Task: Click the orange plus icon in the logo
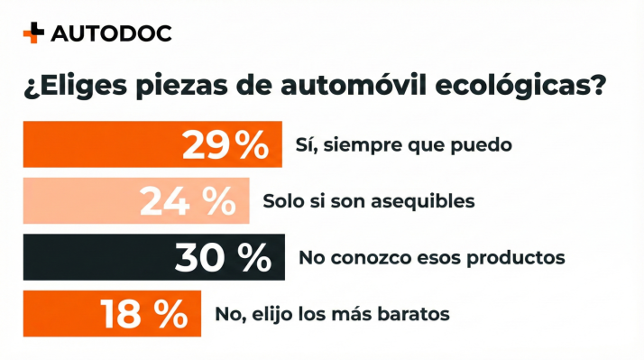point(32,33)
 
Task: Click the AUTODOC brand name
point(111,34)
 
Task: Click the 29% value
point(225,144)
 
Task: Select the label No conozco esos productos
point(431,257)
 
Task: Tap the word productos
point(523,258)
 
